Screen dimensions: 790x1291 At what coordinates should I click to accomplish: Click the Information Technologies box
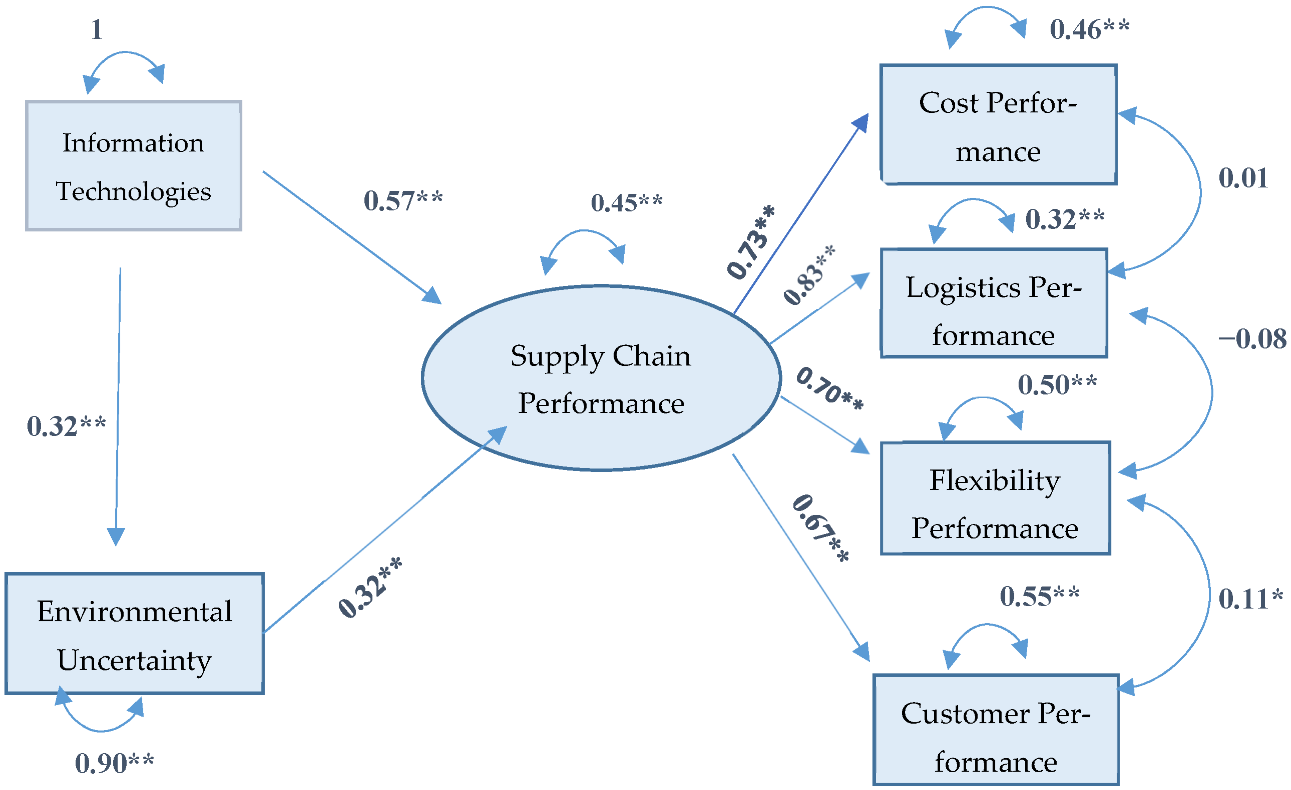(x=134, y=166)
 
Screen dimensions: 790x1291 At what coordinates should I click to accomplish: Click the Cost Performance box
(x=998, y=125)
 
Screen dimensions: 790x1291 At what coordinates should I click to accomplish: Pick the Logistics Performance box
(x=994, y=303)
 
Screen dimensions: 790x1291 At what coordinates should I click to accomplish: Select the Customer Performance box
(x=995, y=730)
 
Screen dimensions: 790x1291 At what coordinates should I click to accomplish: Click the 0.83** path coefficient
(x=809, y=275)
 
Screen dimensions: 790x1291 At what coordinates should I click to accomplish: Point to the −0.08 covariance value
(x=1252, y=339)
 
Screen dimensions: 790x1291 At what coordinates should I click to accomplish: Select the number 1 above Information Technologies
(x=96, y=29)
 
